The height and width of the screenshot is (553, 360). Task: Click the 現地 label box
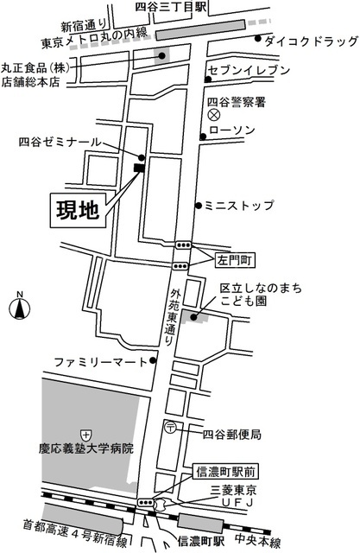coord(79,210)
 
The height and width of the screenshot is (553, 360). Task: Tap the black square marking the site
coord(139,168)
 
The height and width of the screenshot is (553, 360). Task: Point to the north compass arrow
coord(19,308)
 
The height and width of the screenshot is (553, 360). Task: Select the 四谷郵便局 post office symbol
coord(170,428)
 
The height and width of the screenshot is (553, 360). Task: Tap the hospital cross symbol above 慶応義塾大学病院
coord(86,435)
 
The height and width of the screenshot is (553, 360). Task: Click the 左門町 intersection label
coord(235,261)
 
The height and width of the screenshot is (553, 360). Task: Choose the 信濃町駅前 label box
coord(226,472)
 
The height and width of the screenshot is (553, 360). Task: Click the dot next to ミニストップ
coord(199,206)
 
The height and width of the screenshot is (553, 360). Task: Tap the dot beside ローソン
coord(203,137)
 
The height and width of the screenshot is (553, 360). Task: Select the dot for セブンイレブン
coord(208,79)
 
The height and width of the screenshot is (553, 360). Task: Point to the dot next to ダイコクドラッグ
coord(258,38)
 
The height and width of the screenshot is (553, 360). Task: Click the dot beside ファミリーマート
coord(153,360)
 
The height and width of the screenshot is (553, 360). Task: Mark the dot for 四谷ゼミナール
coord(142,157)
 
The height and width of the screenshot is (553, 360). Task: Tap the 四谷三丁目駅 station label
coord(171,7)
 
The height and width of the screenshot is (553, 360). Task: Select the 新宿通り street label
coord(84,25)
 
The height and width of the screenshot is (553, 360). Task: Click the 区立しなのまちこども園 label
coord(261,295)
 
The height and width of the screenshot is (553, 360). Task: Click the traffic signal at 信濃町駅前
coord(146,502)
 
